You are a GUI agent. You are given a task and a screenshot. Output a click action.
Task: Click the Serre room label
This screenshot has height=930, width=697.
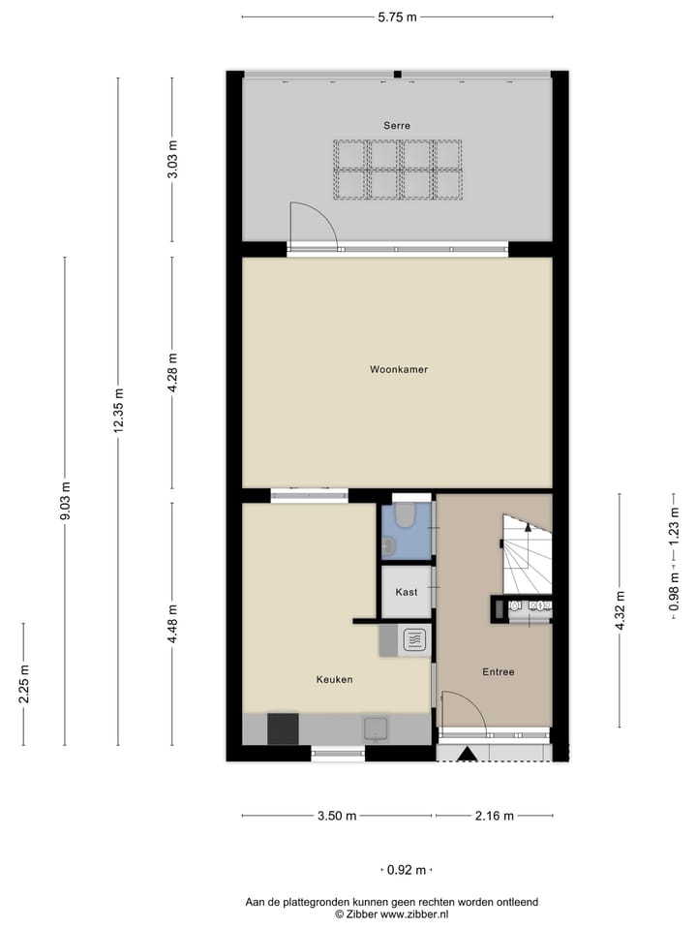click(396, 125)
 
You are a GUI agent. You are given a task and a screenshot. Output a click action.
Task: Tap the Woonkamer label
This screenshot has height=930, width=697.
click(398, 369)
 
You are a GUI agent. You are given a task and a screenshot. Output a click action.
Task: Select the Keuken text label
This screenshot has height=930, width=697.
click(334, 679)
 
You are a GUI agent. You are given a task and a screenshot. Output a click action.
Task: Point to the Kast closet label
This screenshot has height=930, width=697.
click(407, 591)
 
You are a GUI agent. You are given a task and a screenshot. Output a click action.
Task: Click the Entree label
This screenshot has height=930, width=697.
click(499, 671)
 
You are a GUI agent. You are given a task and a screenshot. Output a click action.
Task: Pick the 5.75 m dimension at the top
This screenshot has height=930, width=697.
click(397, 16)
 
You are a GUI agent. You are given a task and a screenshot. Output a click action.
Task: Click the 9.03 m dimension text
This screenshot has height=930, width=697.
click(65, 501)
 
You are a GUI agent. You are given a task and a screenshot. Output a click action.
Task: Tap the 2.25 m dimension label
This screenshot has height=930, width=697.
click(24, 684)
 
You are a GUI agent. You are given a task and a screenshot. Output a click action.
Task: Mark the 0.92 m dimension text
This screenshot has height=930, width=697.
click(407, 870)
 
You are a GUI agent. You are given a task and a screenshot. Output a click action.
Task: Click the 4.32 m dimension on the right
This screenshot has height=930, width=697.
click(620, 610)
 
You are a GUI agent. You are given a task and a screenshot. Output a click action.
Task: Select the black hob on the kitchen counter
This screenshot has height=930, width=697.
click(283, 728)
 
